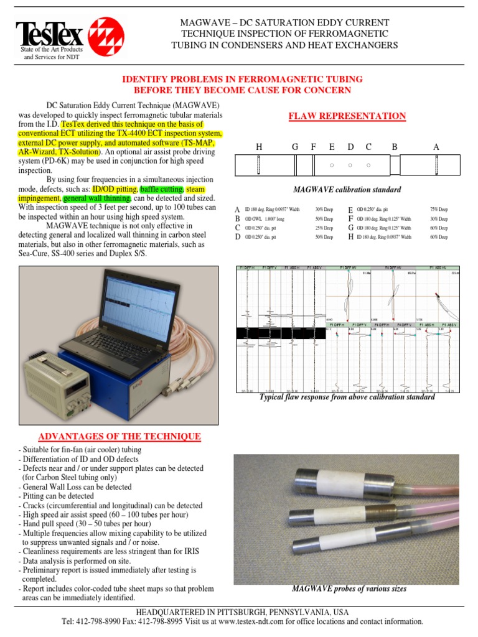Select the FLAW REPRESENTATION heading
[347, 116]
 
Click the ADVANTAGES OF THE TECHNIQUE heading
[119, 436]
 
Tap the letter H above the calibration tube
[259, 147]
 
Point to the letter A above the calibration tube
[436, 147]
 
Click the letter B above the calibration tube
[394, 147]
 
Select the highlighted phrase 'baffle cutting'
[161, 188]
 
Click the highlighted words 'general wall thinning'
[96, 198]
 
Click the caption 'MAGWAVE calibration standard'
[347, 190]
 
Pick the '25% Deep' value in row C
[324, 228]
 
